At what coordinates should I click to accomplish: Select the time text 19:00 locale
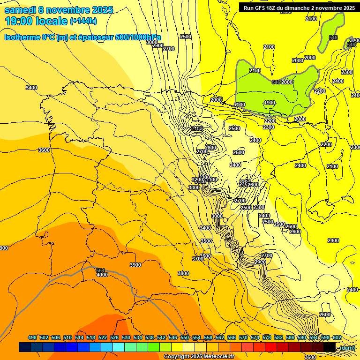[36, 21]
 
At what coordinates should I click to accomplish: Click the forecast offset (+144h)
[83, 21]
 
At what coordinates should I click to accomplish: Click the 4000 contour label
[102, 275]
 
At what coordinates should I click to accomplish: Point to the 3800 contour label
[183, 273]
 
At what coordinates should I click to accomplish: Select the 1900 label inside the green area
[269, 103]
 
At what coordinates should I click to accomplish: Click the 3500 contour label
[206, 240]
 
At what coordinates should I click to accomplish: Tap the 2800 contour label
[210, 148]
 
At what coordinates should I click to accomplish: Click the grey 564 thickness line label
[100, 270]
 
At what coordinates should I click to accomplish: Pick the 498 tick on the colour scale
[32, 337]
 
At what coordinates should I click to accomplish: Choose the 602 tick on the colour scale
[337, 337]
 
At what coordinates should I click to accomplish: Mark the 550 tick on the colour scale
[185, 337]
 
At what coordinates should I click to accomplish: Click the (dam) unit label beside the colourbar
[347, 347]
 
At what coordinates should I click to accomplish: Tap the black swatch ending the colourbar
[330, 347]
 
